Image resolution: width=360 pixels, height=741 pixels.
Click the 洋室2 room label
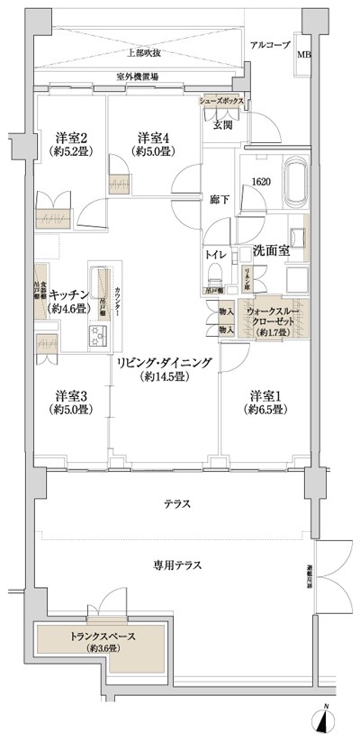click(x=71, y=138)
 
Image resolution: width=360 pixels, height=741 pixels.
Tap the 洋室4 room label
click(x=155, y=138)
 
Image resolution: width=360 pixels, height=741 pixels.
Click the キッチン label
click(x=68, y=294)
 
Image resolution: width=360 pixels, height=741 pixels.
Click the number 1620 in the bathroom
click(x=261, y=180)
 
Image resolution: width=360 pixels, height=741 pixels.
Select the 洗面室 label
click(x=270, y=250)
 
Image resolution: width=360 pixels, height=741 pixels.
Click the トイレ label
click(x=215, y=255)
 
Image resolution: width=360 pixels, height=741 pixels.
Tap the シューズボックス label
click(x=222, y=102)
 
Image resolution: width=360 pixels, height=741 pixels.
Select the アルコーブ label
click(x=268, y=44)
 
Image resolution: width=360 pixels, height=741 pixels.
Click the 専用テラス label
click(x=175, y=565)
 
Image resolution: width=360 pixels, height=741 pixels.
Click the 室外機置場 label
click(x=136, y=77)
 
